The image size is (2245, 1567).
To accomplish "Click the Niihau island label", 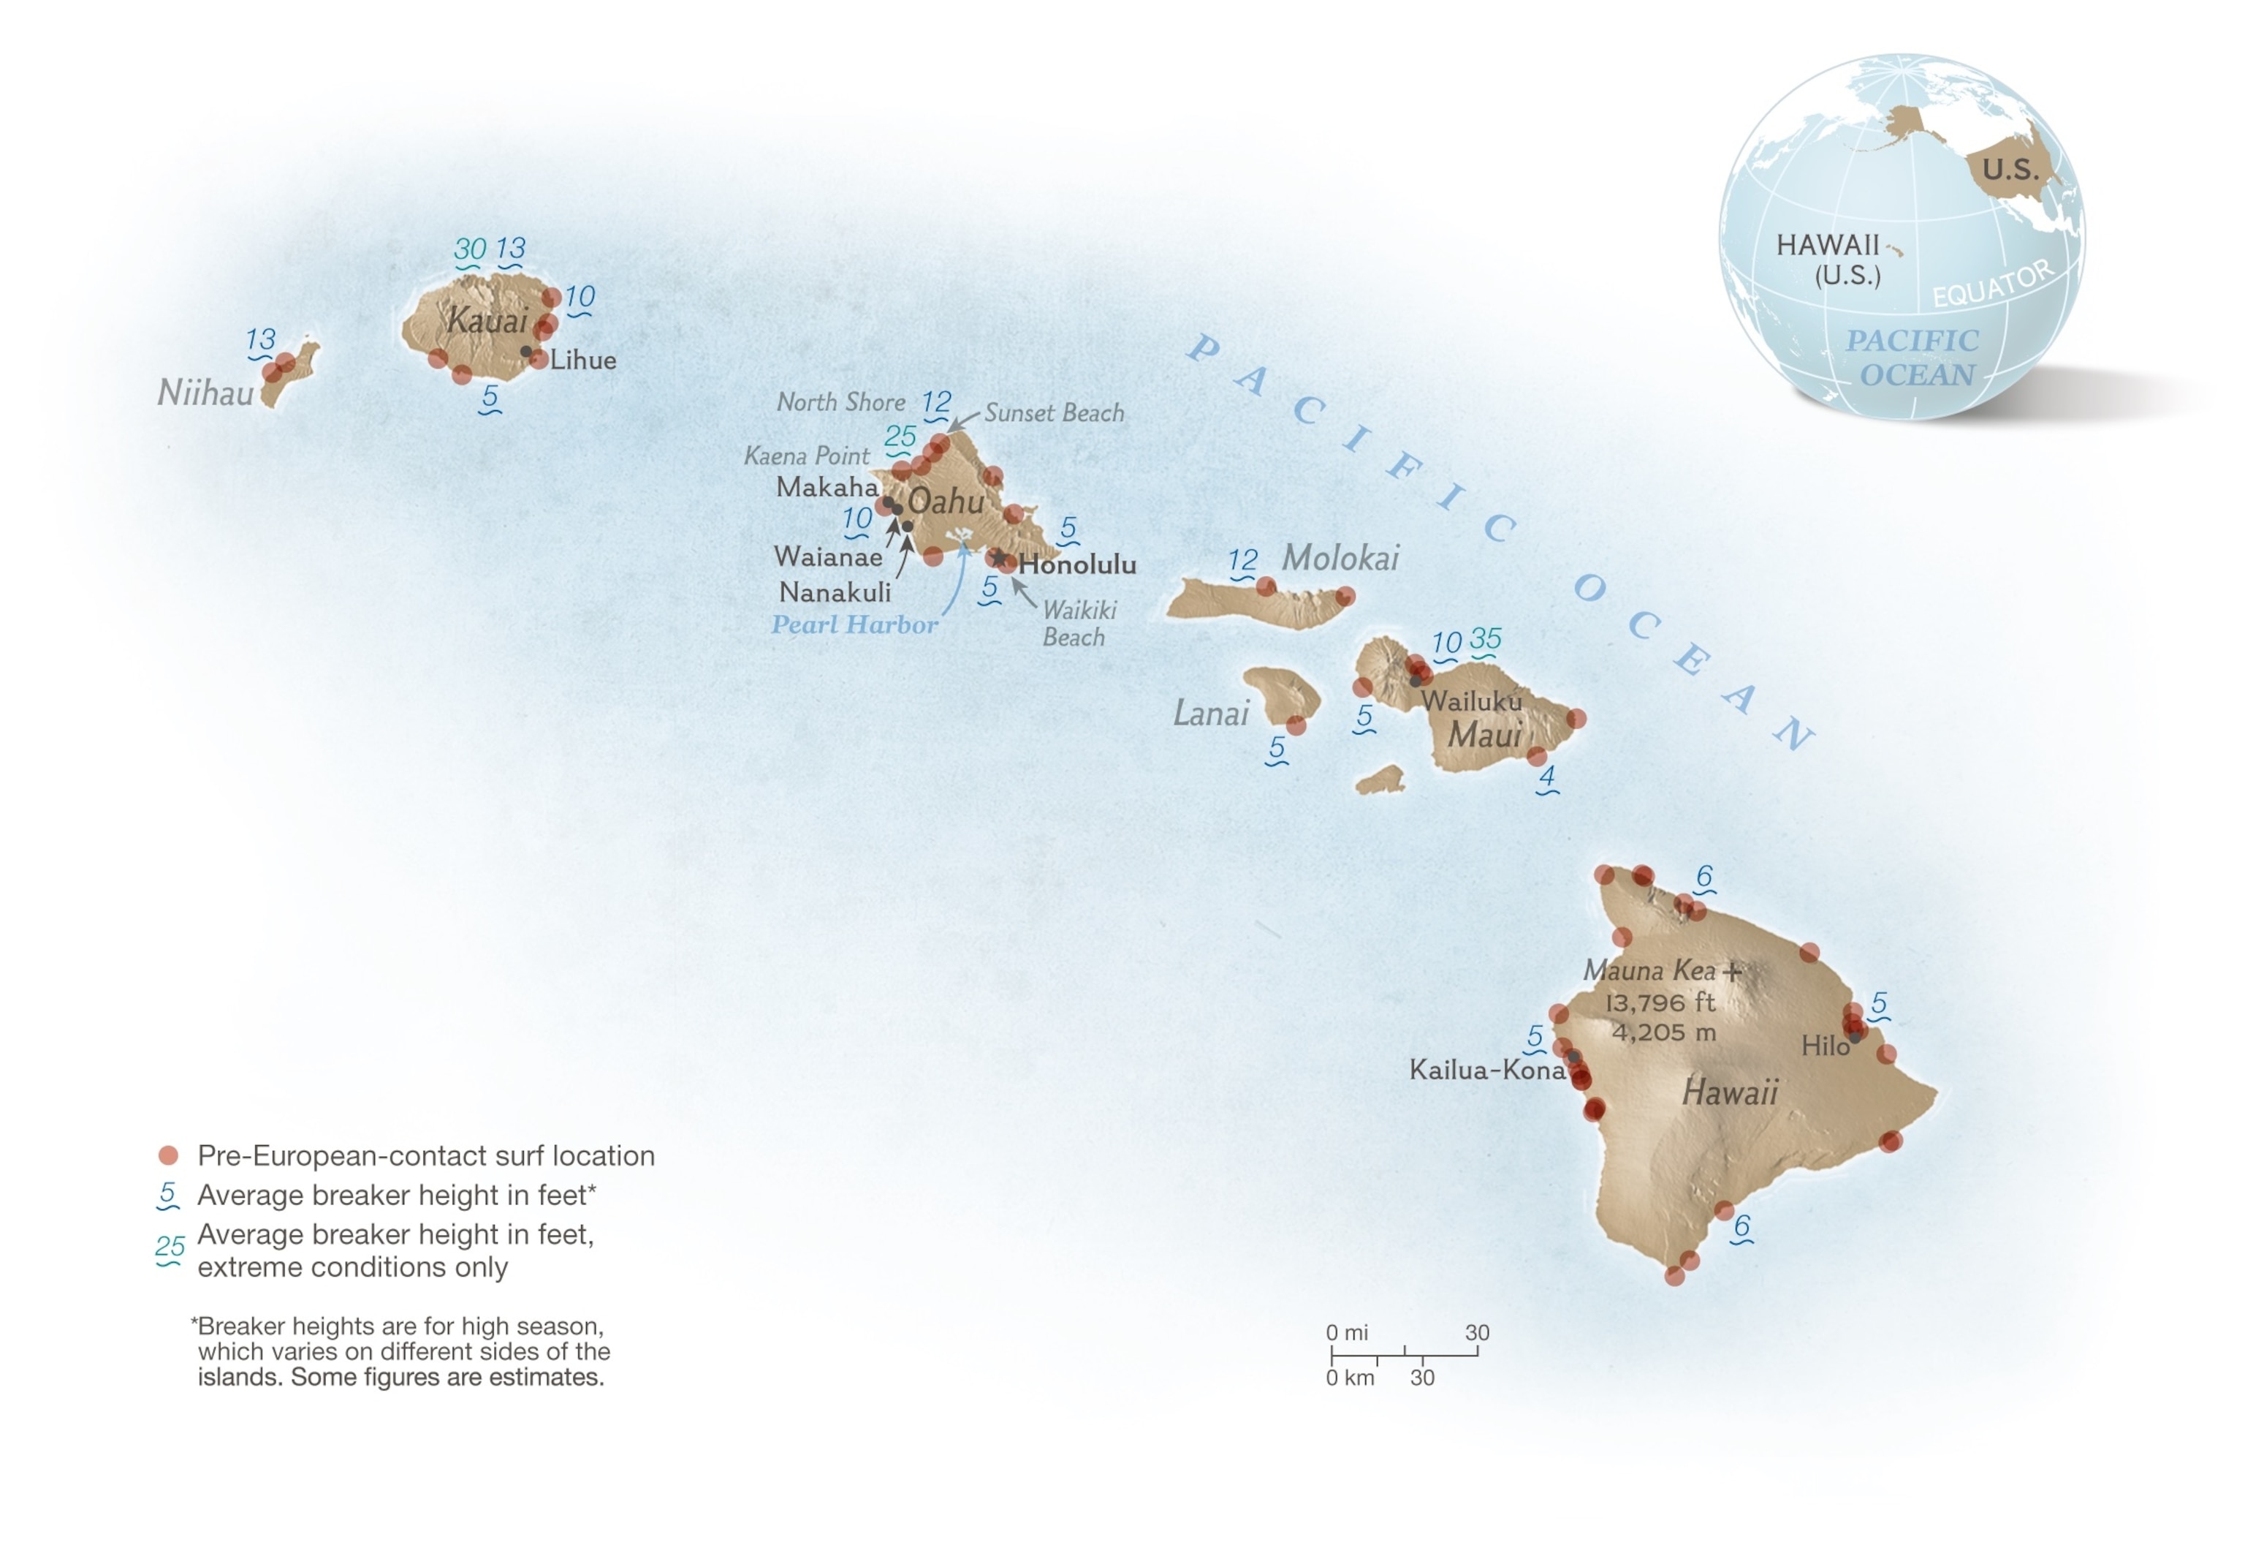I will pyautogui.click(x=205, y=393).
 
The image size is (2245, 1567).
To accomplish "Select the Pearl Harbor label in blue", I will pyautogui.click(x=854, y=624).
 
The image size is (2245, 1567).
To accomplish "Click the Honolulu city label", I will pyautogui.click(x=1076, y=565).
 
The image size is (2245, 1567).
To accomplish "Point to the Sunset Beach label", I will pyautogui.click(x=1053, y=413).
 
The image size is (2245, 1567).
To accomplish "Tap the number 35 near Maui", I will pyautogui.click(x=1484, y=640).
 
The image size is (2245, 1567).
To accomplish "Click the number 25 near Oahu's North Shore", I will pyautogui.click(x=900, y=437).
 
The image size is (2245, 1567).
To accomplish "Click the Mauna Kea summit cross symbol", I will pyautogui.click(x=1732, y=971).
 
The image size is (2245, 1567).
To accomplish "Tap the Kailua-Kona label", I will pyautogui.click(x=1486, y=1070).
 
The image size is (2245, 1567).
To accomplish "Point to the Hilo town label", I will pyautogui.click(x=1825, y=1046).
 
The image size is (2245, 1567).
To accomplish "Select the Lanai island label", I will pyautogui.click(x=1210, y=713).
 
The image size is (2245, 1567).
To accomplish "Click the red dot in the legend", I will pyautogui.click(x=168, y=1155).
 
